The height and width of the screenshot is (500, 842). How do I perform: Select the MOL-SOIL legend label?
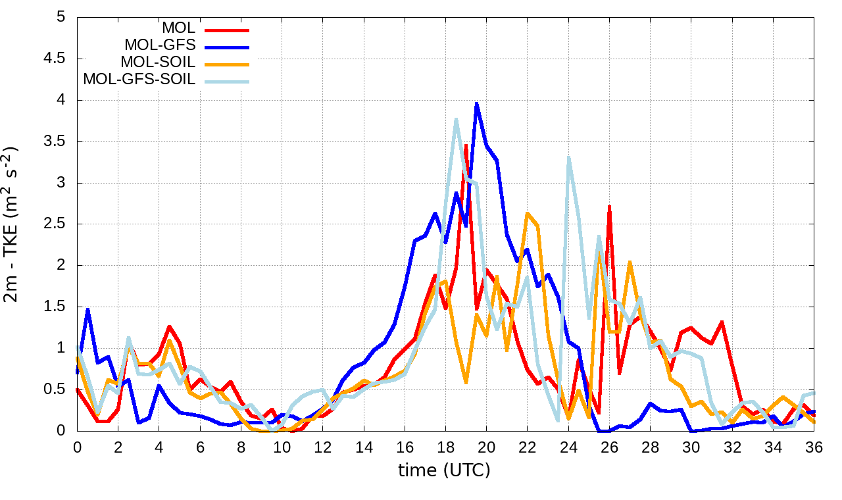click(158, 63)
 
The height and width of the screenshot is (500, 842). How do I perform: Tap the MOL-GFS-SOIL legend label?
click(139, 80)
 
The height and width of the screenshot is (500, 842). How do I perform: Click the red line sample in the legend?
click(228, 29)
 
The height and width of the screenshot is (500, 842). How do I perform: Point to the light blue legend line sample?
click(228, 80)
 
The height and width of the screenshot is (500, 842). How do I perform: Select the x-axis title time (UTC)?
click(445, 470)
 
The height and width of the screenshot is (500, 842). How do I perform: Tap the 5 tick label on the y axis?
click(61, 17)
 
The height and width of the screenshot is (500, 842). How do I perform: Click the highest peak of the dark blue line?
click(476, 103)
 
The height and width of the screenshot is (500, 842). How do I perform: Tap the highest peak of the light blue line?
click(456, 119)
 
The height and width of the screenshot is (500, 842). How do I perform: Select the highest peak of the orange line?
click(528, 213)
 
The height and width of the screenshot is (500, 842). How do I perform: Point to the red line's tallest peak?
click(466, 145)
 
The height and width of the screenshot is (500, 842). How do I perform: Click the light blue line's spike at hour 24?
click(568, 157)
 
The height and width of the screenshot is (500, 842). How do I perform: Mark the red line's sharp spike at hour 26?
click(610, 207)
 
